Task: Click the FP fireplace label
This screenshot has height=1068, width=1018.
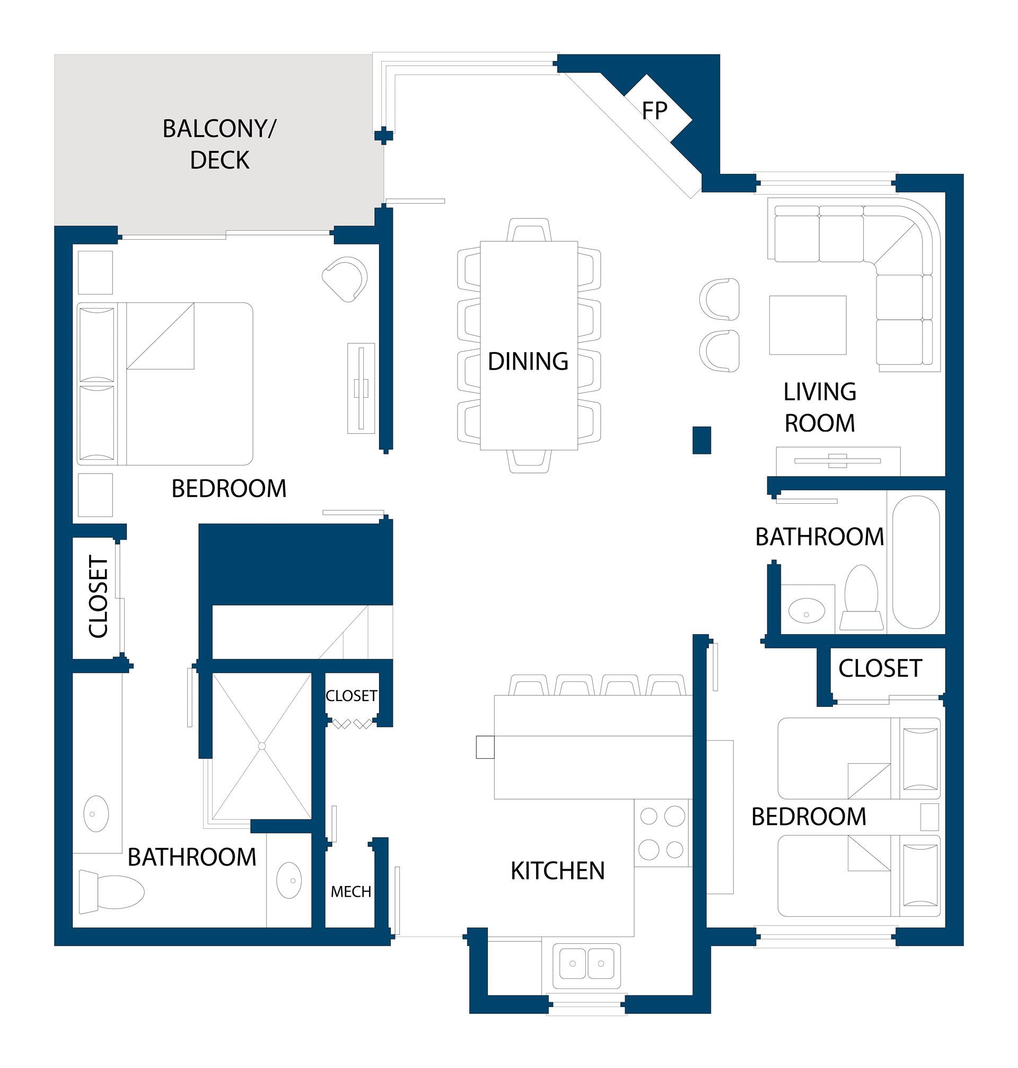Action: pos(654,111)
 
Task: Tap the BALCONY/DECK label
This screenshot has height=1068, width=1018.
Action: pos(220,144)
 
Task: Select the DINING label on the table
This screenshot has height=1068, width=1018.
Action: pos(528,362)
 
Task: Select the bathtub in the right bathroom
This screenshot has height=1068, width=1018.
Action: pos(916,562)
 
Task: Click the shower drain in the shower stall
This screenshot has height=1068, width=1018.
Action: pos(261,746)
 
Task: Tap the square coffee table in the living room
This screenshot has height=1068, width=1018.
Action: pos(808,325)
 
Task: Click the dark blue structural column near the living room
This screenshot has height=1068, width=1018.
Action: pos(701,440)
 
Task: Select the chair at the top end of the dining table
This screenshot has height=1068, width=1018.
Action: pos(529,230)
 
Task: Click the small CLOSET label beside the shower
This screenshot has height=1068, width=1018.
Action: pos(351,696)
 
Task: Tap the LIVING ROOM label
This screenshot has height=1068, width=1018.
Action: pos(819,408)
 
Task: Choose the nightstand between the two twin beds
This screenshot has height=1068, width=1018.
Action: pos(929,817)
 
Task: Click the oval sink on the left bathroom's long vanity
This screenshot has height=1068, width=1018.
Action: pos(96,813)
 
